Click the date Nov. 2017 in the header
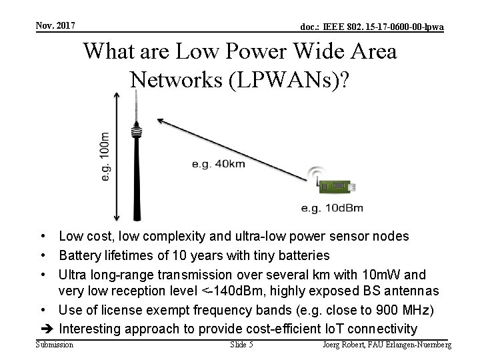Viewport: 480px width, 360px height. pyautogui.click(x=55, y=25)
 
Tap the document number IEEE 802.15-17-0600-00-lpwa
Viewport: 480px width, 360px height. pyautogui.click(x=372, y=27)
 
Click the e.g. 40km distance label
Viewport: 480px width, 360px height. pyautogui.click(x=217, y=163)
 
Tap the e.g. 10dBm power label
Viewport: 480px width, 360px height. pyautogui.click(x=332, y=208)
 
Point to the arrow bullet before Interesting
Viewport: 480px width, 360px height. pyautogui.click(x=47, y=329)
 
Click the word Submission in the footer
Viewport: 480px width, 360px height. pyautogui.click(x=55, y=345)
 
